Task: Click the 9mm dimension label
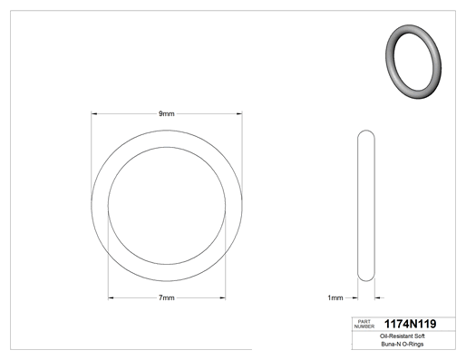(167, 113)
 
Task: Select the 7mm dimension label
(167, 297)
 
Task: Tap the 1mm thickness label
(335, 297)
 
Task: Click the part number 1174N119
(410, 324)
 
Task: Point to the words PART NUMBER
(364, 324)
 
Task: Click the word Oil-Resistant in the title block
(395, 336)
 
